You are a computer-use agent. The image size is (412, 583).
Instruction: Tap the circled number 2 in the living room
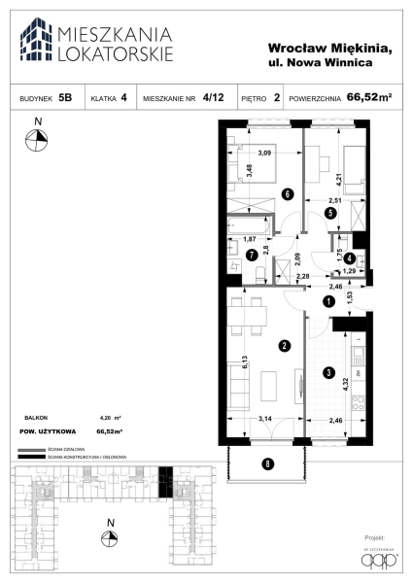point(283,345)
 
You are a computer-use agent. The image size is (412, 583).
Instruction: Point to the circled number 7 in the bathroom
point(252,257)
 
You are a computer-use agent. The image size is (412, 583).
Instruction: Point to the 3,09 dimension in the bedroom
point(263,152)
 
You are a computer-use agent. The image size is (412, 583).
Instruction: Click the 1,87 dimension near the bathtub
point(249,239)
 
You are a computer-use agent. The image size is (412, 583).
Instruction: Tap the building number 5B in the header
point(64,98)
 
